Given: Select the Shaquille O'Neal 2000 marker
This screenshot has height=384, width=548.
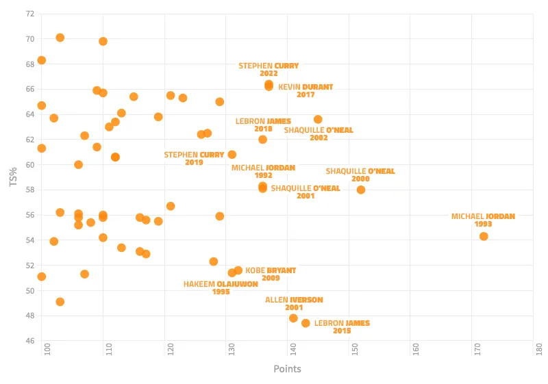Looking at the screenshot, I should pos(361,190).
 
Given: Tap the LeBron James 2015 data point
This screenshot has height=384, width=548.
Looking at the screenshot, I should pos(306,323).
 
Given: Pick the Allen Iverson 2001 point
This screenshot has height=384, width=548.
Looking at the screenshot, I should pos(293,318).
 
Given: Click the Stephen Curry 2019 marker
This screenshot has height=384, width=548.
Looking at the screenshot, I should pos(232,155).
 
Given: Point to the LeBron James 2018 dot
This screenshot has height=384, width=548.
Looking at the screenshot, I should pos(262,140).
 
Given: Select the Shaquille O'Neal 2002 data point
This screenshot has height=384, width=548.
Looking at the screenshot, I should pos(318,119).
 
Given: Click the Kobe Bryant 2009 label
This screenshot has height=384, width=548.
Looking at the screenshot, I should pos(271,274).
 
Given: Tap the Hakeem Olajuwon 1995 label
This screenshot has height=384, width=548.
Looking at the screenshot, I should pos(221,287).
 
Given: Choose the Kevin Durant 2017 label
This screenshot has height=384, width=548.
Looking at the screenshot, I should pos(306,91).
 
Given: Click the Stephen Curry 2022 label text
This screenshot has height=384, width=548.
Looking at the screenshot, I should pos(269,70).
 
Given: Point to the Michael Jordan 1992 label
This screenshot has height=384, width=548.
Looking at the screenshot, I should pos(263,171).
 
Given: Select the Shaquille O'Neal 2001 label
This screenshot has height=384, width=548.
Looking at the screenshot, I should pos(306,192).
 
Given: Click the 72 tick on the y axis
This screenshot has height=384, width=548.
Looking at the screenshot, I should pos(30,14).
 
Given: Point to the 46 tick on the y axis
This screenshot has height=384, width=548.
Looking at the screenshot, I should pos(30,341).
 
